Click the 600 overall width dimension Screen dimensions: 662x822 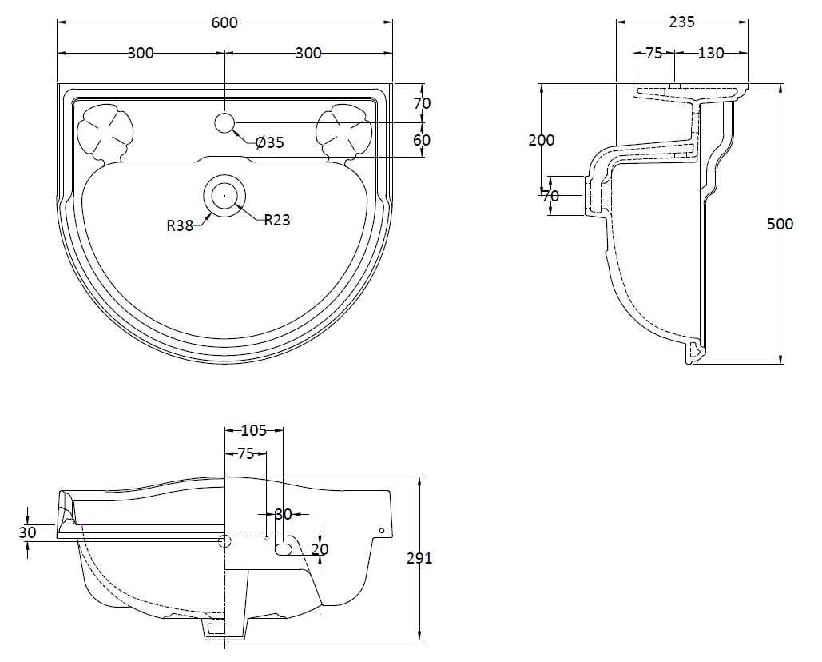pyautogui.click(x=224, y=22)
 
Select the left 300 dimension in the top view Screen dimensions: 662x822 pyautogui.click(x=141, y=54)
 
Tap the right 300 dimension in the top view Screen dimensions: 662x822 pyautogui.click(x=308, y=54)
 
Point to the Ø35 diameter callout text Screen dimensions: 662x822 pyautogui.click(x=270, y=143)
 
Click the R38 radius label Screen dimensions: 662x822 pyautogui.click(x=180, y=225)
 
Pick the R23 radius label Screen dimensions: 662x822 pyautogui.click(x=276, y=220)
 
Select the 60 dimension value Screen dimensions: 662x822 pyautogui.click(x=422, y=140)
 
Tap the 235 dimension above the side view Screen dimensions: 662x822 pyautogui.click(x=681, y=22)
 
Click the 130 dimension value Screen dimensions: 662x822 pyautogui.click(x=711, y=54)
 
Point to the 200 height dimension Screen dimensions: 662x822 pyautogui.click(x=542, y=140)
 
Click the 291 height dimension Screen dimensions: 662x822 pyautogui.click(x=419, y=558)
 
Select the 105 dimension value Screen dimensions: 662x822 pyautogui.click(x=253, y=431)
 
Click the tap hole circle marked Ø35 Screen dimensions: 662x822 pyautogui.click(x=225, y=122)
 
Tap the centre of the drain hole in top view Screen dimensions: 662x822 pyautogui.click(x=225, y=195)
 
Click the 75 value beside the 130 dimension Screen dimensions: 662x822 pyautogui.click(x=653, y=54)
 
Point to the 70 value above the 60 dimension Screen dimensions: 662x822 pyautogui.click(x=422, y=103)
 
